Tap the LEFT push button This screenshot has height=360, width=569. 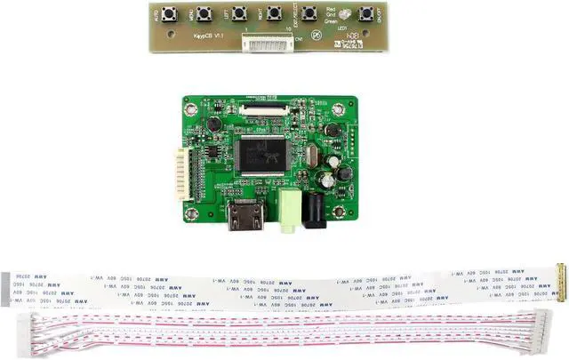[x=239, y=13]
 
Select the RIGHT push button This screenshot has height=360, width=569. [x=274, y=13]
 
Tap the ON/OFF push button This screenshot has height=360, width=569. [x=365, y=13]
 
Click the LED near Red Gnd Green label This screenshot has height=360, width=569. [x=336, y=37]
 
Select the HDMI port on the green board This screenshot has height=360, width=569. [x=244, y=216]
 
